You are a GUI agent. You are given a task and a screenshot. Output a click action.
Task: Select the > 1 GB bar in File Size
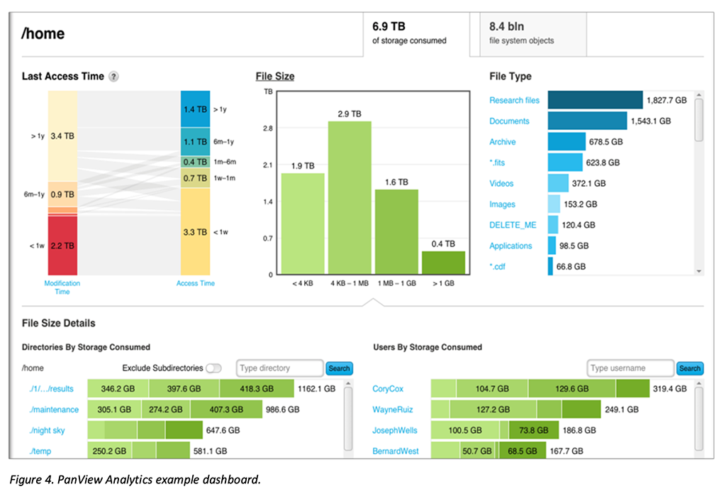pos(443,263)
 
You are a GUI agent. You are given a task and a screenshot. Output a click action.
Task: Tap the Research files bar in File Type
pos(594,100)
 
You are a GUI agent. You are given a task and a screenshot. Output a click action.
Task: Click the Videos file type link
pos(501,183)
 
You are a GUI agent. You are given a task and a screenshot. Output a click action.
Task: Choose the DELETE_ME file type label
pos(513,225)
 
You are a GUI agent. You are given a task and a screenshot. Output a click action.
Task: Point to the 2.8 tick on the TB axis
pos(268,128)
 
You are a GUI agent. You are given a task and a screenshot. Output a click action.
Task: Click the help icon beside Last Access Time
pos(113,77)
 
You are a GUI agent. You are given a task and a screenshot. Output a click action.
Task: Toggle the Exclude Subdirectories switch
pos(213,368)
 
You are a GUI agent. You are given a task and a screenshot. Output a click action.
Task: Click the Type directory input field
pos(279,368)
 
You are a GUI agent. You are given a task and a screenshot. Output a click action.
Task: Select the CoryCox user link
pos(387,389)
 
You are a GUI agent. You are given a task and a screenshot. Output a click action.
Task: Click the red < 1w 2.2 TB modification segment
pos(62,246)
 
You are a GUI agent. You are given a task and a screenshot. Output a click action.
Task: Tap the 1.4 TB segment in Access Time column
pos(195,109)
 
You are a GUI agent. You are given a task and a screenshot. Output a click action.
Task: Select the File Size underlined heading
pos(274,77)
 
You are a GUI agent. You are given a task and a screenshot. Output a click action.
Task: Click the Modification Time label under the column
pos(62,287)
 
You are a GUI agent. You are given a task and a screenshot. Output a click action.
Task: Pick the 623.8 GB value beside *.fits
pos(604,163)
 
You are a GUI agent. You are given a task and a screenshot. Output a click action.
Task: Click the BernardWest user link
pos(396,451)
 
